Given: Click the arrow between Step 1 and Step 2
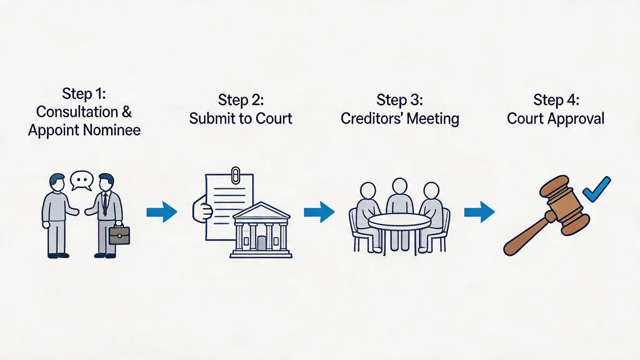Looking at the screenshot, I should pyautogui.click(x=162, y=212).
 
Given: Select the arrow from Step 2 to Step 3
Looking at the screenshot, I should pyautogui.click(x=319, y=212).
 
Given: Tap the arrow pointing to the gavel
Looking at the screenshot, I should pyautogui.click(x=479, y=212).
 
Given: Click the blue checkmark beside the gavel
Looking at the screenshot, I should pyautogui.click(x=596, y=189).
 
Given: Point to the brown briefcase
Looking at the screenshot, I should pyautogui.click(x=119, y=236).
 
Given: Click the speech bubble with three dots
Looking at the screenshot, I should pyautogui.click(x=82, y=180).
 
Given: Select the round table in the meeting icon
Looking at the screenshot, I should pyautogui.click(x=400, y=221).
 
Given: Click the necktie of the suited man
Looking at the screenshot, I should pyautogui.click(x=105, y=204).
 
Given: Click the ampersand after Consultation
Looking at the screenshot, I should pyautogui.click(x=127, y=112).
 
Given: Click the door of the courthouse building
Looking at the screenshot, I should pyautogui.click(x=261, y=243).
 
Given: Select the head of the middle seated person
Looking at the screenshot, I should pyautogui.click(x=400, y=186).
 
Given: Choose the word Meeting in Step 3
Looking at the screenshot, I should pyautogui.click(x=433, y=118).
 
